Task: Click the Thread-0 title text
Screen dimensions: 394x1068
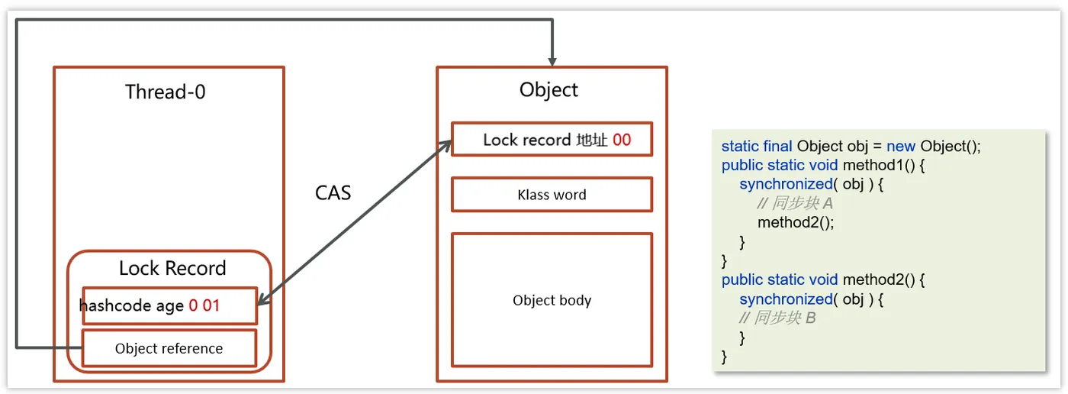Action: click(x=165, y=92)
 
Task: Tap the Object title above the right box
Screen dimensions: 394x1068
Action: click(x=548, y=89)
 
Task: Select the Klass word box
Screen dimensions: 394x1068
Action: click(x=552, y=195)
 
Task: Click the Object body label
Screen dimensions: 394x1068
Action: click(x=552, y=300)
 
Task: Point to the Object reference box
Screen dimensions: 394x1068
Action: click(x=169, y=348)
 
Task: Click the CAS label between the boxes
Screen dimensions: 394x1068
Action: click(x=333, y=192)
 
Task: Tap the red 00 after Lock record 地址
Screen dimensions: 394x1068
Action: click(x=622, y=140)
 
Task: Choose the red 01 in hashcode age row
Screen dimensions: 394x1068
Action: click(x=211, y=306)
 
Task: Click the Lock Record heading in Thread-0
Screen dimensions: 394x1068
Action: click(x=172, y=268)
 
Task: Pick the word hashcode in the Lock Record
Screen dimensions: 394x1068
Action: click(x=114, y=306)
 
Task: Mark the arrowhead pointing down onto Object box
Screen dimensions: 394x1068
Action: click(x=552, y=60)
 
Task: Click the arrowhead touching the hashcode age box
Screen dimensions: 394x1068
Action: click(x=262, y=303)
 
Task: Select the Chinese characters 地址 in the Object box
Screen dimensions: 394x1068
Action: click(x=592, y=140)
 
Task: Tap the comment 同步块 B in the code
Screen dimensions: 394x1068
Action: click(x=777, y=318)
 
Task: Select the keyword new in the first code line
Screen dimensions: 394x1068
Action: click(x=900, y=147)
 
